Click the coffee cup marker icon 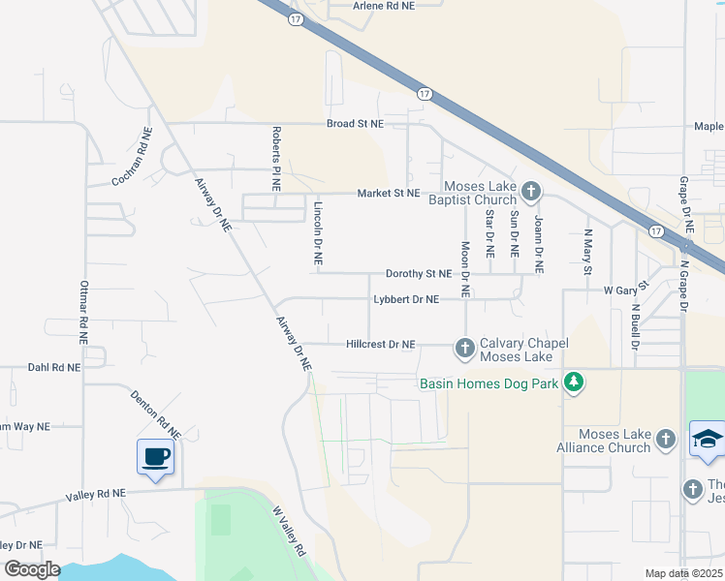tap(156, 457)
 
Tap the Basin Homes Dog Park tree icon tap(575, 382)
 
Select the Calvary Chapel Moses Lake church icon tap(465, 347)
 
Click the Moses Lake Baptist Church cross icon tap(529, 190)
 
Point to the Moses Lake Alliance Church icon tap(665, 440)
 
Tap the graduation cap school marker tap(708, 439)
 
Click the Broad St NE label tap(355, 124)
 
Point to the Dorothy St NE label tap(420, 274)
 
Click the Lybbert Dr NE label tap(406, 300)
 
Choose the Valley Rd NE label tap(96, 494)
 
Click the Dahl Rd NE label tap(52, 368)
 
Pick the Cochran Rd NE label tap(133, 157)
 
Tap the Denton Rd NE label tap(156, 413)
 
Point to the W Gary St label tap(624, 290)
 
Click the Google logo tap(31, 570)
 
